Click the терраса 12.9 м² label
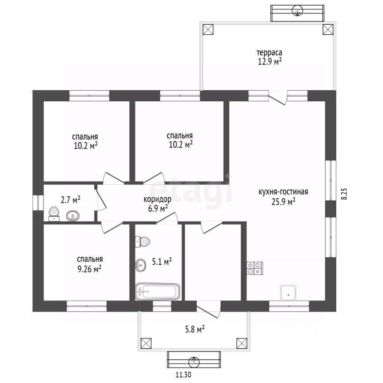tap(269, 57)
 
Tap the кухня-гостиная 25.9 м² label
tap(283, 197)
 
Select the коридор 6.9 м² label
tap(158, 204)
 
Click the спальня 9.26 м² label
tap(90, 264)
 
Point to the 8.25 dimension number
tap(344, 194)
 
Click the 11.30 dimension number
tap(183, 374)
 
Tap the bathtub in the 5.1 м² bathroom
tap(158, 291)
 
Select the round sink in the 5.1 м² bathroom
tap(140, 265)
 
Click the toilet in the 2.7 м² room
tap(54, 214)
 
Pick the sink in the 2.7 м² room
tap(73, 216)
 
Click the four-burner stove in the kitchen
tap(255, 268)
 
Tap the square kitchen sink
tap(288, 292)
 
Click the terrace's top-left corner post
tap(208, 30)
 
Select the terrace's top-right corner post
tap(328, 30)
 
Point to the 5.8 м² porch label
tap(194, 330)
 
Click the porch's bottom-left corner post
tap(146, 344)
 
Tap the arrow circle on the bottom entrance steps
tap(194, 362)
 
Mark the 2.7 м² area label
tap(70, 200)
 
